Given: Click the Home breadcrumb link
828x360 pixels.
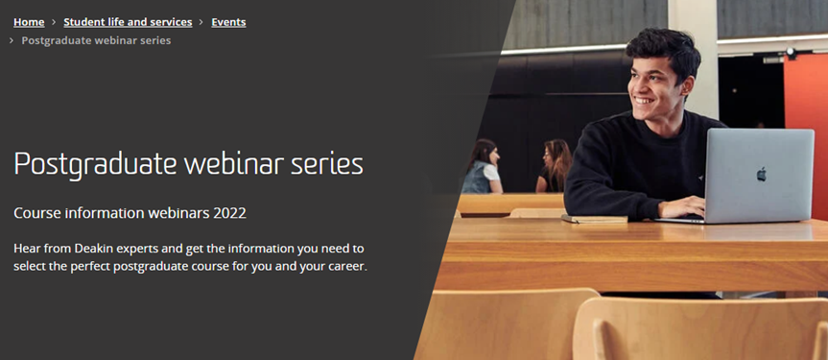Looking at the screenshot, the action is click(29, 22).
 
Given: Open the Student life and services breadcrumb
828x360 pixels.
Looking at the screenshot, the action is click(128, 22).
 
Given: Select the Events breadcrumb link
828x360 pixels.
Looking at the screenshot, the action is click(228, 22).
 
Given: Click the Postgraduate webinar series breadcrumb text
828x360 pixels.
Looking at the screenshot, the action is click(96, 40).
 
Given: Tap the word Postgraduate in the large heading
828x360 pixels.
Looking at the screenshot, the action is click(96, 165).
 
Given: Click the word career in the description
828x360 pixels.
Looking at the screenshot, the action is click(349, 267).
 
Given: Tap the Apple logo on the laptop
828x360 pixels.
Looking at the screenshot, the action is click(762, 174).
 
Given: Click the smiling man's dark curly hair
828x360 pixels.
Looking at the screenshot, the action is click(664, 50).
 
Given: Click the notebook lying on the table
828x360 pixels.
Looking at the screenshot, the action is click(595, 218).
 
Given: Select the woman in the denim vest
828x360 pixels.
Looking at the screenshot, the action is click(481, 166).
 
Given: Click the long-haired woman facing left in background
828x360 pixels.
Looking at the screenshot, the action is click(554, 166).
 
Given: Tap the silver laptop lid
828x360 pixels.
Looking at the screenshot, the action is click(759, 176).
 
